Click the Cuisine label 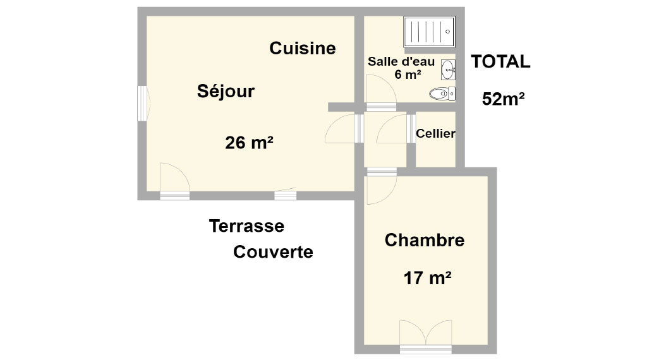(x=303, y=48)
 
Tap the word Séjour (x=226, y=91)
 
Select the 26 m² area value (x=249, y=143)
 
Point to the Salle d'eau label (x=401, y=61)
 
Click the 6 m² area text (x=408, y=75)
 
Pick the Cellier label (x=435, y=133)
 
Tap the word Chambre (x=425, y=240)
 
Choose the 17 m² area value (x=427, y=278)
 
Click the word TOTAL (x=500, y=61)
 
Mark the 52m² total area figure (x=504, y=99)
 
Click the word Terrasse (x=247, y=226)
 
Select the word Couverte (x=273, y=251)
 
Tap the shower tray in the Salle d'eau (x=429, y=32)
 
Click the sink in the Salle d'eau (x=448, y=69)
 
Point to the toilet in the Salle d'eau (x=442, y=93)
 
